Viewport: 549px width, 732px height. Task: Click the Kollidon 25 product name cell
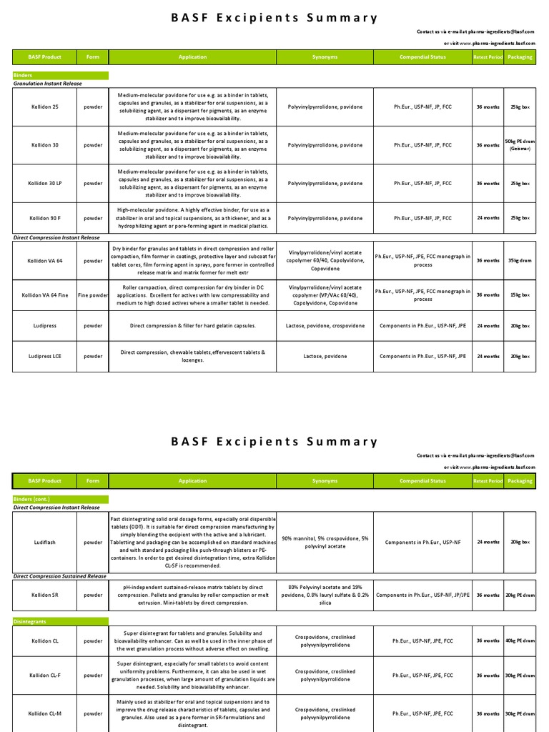tap(44, 107)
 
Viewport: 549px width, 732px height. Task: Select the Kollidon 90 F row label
tap(44, 218)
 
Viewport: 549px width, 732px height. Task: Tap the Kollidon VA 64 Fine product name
tap(44, 295)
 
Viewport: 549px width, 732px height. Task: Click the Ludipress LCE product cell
tap(44, 356)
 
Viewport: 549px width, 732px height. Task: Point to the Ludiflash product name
tap(44, 542)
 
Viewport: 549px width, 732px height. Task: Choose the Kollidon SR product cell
tap(44, 594)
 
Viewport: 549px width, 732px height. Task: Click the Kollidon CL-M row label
tap(44, 713)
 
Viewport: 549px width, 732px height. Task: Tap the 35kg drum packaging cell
tap(519, 260)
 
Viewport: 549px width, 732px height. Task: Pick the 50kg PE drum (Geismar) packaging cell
tap(519, 145)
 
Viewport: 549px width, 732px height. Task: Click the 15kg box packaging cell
tap(519, 295)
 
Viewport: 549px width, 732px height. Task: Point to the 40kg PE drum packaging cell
tap(519, 640)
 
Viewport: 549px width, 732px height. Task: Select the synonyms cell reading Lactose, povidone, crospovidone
tap(325, 325)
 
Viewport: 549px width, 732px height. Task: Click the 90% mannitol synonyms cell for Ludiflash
tap(325, 542)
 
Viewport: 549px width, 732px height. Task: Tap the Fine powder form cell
tap(93, 295)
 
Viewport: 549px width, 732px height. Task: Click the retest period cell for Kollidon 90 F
tap(488, 218)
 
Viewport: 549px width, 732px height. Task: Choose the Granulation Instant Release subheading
tap(48, 84)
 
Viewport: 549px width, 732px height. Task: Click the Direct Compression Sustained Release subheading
tap(60, 575)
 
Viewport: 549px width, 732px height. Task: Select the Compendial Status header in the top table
tap(422, 56)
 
